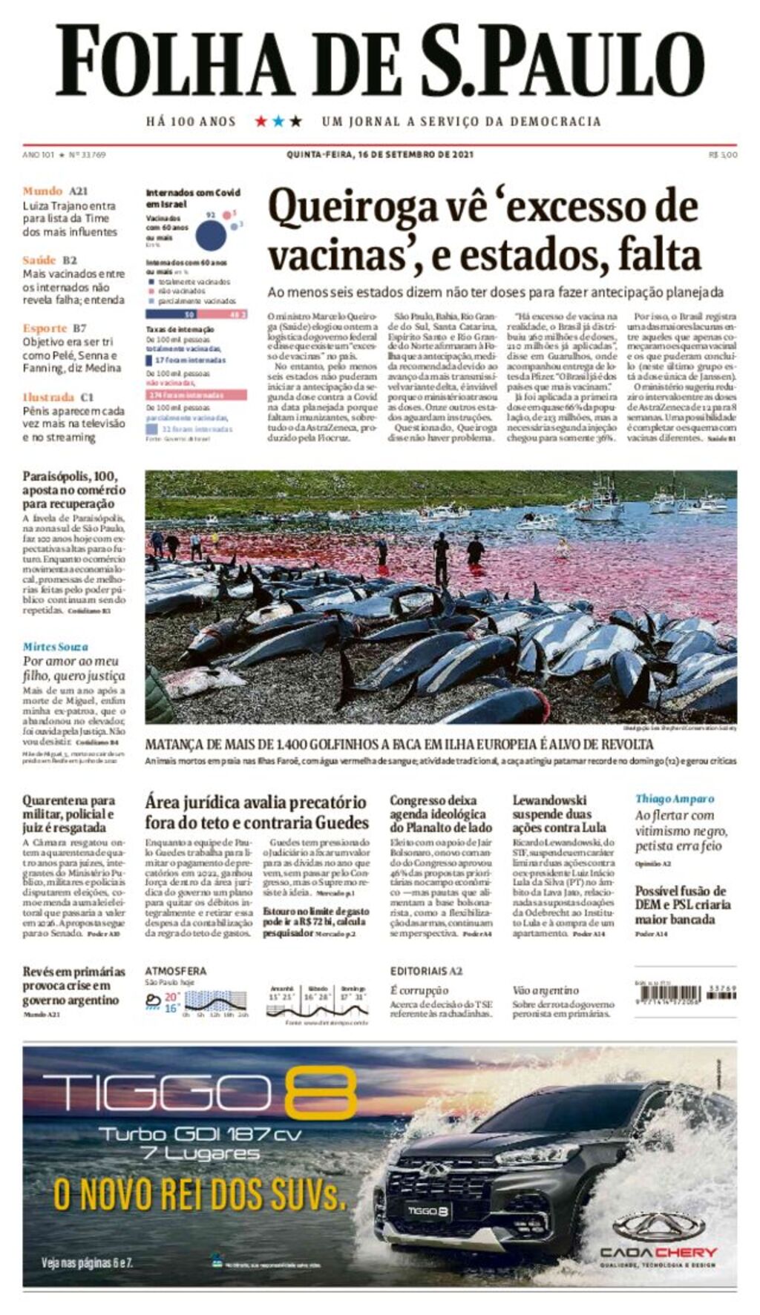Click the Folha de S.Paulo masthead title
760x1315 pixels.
[379, 61]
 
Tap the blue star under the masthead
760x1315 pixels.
[278, 121]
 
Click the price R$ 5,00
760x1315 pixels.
[723, 155]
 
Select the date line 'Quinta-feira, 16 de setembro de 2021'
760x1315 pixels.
[379, 155]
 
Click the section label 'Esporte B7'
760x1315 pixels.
[54, 328]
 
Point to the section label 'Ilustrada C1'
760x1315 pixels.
[58, 397]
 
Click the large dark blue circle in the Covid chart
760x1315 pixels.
[211, 235]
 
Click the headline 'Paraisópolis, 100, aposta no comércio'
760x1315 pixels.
[73, 490]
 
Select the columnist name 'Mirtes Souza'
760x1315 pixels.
[55, 647]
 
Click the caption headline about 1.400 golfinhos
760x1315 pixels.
[399, 745]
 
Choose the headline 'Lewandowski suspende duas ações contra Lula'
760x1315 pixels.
[560, 814]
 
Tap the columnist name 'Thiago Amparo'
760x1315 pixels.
[674, 799]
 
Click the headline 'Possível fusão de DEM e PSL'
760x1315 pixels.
[683, 905]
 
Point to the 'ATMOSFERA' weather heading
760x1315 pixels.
[175, 971]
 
